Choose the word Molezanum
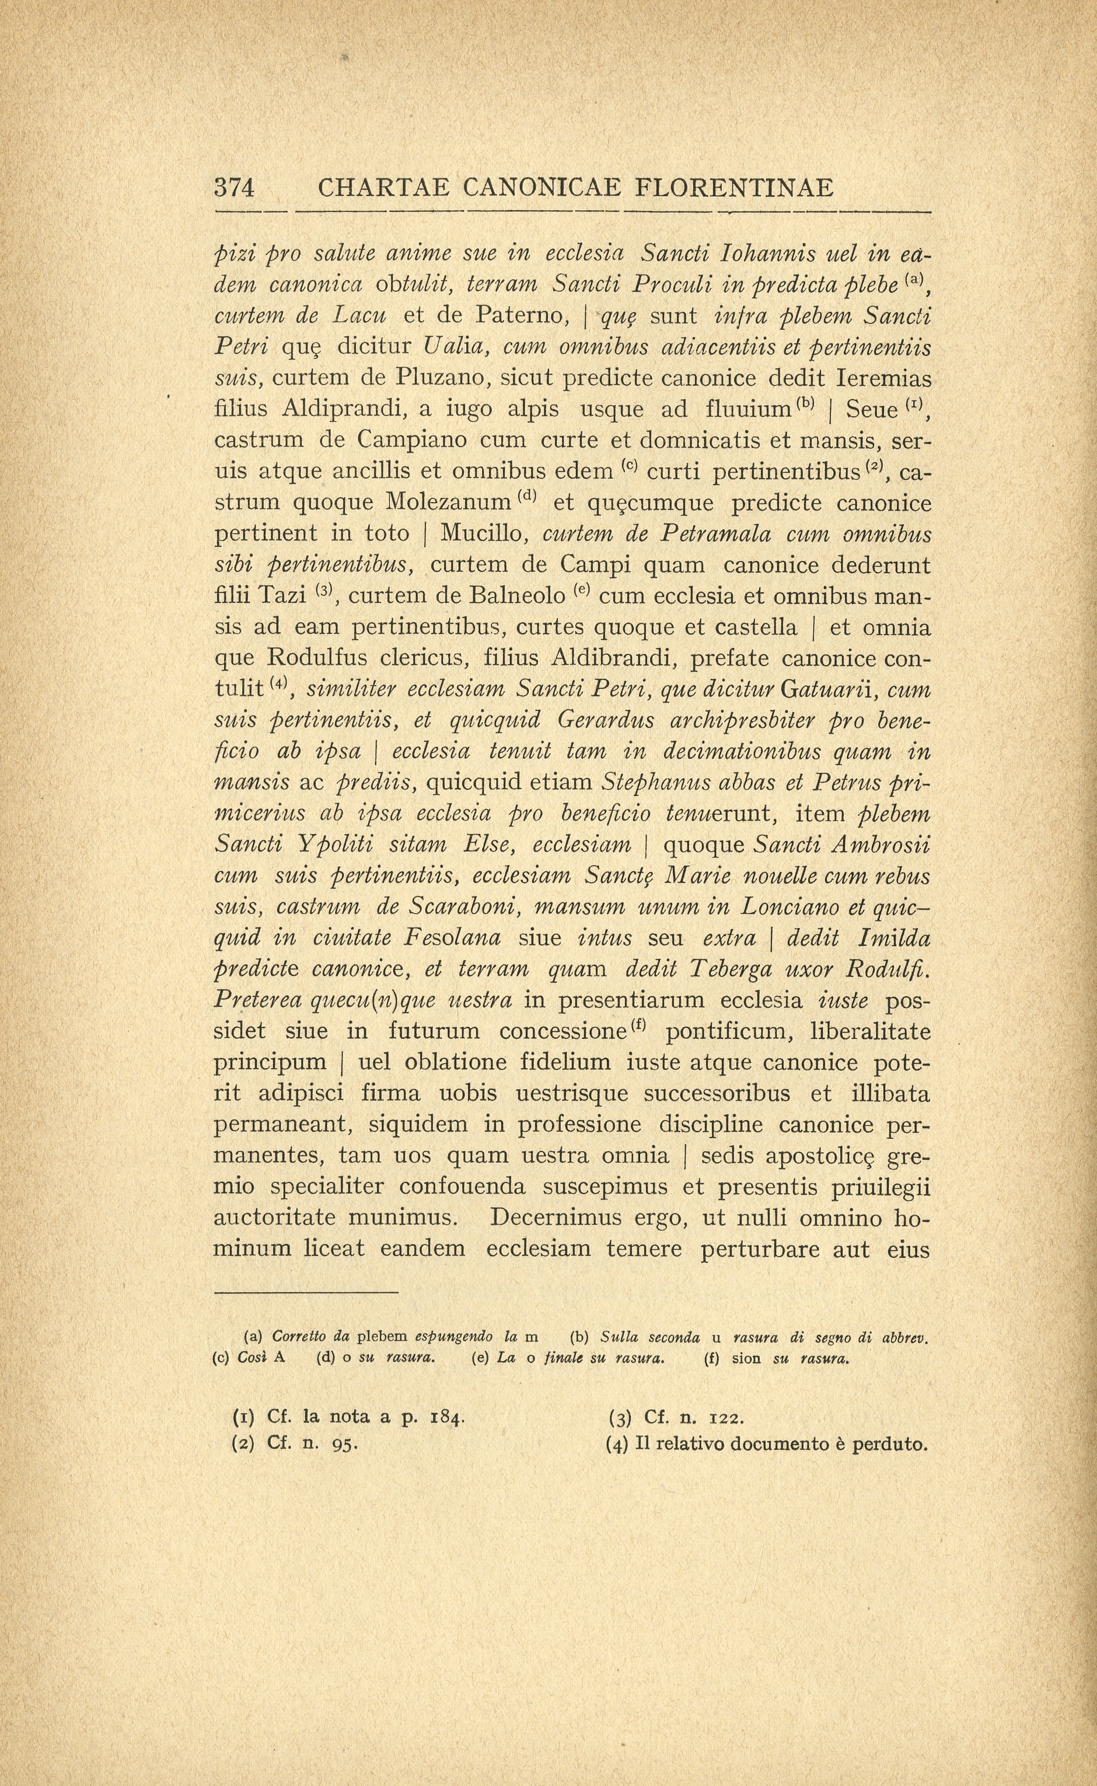coord(449,502)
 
